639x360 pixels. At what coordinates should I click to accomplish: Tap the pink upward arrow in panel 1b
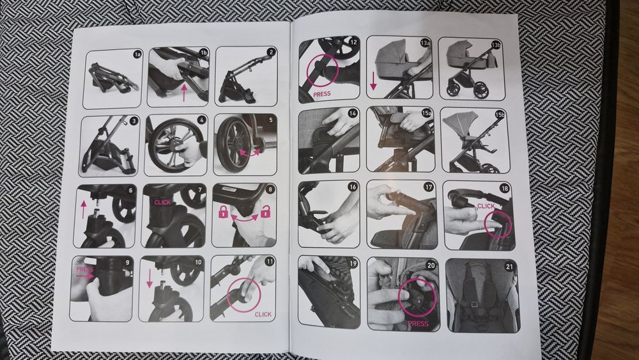184,93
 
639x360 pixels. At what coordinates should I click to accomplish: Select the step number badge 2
271,52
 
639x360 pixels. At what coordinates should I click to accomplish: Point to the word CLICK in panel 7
162,202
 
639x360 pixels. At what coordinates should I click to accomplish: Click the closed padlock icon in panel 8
223,212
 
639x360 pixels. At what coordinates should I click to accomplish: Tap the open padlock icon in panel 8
266,211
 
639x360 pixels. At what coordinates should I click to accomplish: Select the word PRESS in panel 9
85,269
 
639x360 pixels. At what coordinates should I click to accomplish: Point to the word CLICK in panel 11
263,315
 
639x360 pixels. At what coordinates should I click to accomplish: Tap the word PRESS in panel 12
322,94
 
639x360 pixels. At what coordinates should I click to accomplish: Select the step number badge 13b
496,45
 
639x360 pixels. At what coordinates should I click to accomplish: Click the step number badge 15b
500,115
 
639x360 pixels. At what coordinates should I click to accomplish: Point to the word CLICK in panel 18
486,206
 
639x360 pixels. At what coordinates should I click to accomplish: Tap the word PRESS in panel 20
418,324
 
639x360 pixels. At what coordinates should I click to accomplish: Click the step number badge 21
509,267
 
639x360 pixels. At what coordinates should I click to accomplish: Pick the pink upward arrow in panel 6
84,209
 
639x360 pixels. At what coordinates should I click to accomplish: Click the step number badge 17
428,187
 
